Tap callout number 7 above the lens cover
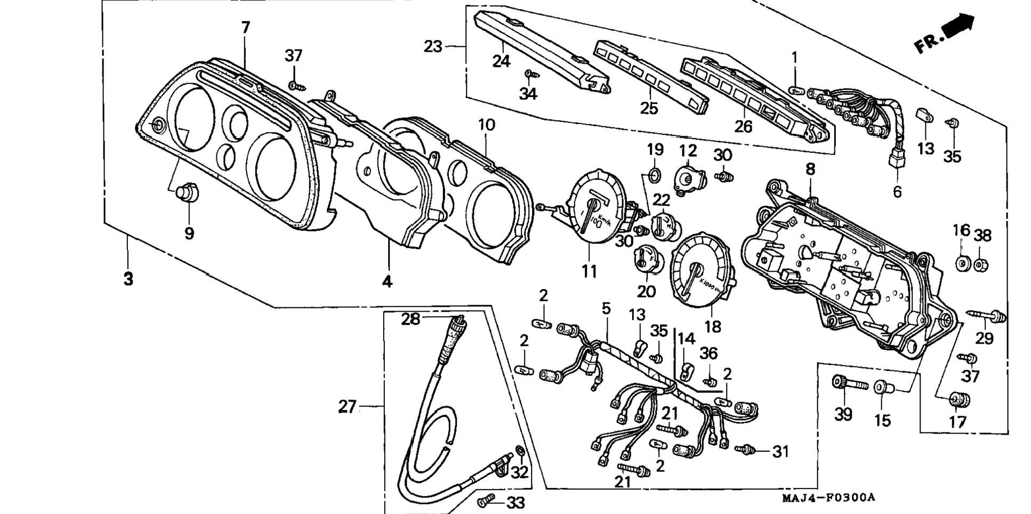pos(245,28)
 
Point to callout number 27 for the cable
pos(347,407)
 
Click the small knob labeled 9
pos(187,191)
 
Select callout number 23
pos(433,47)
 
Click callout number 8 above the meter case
pos(810,169)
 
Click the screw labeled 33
pos(486,501)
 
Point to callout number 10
pos(486,125)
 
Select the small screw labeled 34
pos(529,74)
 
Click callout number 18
pos(712,326)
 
